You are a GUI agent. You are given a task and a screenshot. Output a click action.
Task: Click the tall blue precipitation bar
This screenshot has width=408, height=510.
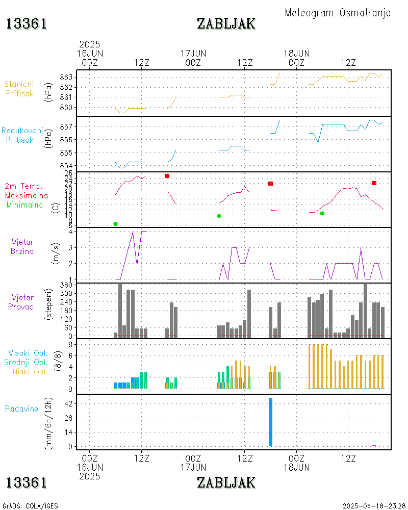[270, 422]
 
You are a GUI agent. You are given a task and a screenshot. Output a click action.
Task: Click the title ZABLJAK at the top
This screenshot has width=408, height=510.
[226, 23]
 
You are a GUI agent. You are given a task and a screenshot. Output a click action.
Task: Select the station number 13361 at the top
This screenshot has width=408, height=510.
[27, 23]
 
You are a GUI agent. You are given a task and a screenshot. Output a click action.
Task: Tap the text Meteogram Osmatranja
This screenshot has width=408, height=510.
[338, 13]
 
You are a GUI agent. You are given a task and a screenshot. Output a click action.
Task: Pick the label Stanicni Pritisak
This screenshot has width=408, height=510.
[20, 89]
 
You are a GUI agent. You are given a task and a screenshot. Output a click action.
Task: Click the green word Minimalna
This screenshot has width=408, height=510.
[28, 205]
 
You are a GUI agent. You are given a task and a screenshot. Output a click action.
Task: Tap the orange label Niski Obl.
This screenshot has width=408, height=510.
[28, 371]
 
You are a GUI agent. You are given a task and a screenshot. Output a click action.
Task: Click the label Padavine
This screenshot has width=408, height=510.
[21, 409]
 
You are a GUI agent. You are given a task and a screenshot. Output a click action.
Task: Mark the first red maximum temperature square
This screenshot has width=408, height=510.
[167, 176]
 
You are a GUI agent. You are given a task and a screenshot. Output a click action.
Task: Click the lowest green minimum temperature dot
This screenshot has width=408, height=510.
[115, 224]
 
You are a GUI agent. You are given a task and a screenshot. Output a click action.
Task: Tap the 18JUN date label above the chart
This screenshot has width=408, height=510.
[296, 53]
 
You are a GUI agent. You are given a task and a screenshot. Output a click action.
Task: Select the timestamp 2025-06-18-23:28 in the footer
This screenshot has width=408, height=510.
[374, 506]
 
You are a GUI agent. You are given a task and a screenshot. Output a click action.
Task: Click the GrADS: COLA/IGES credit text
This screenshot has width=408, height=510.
[30, 506]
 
